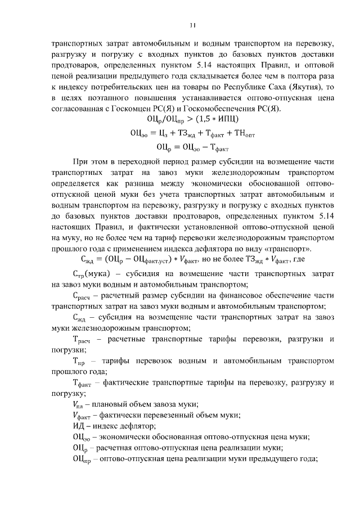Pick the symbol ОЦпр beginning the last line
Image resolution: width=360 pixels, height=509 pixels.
coord(82,458)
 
